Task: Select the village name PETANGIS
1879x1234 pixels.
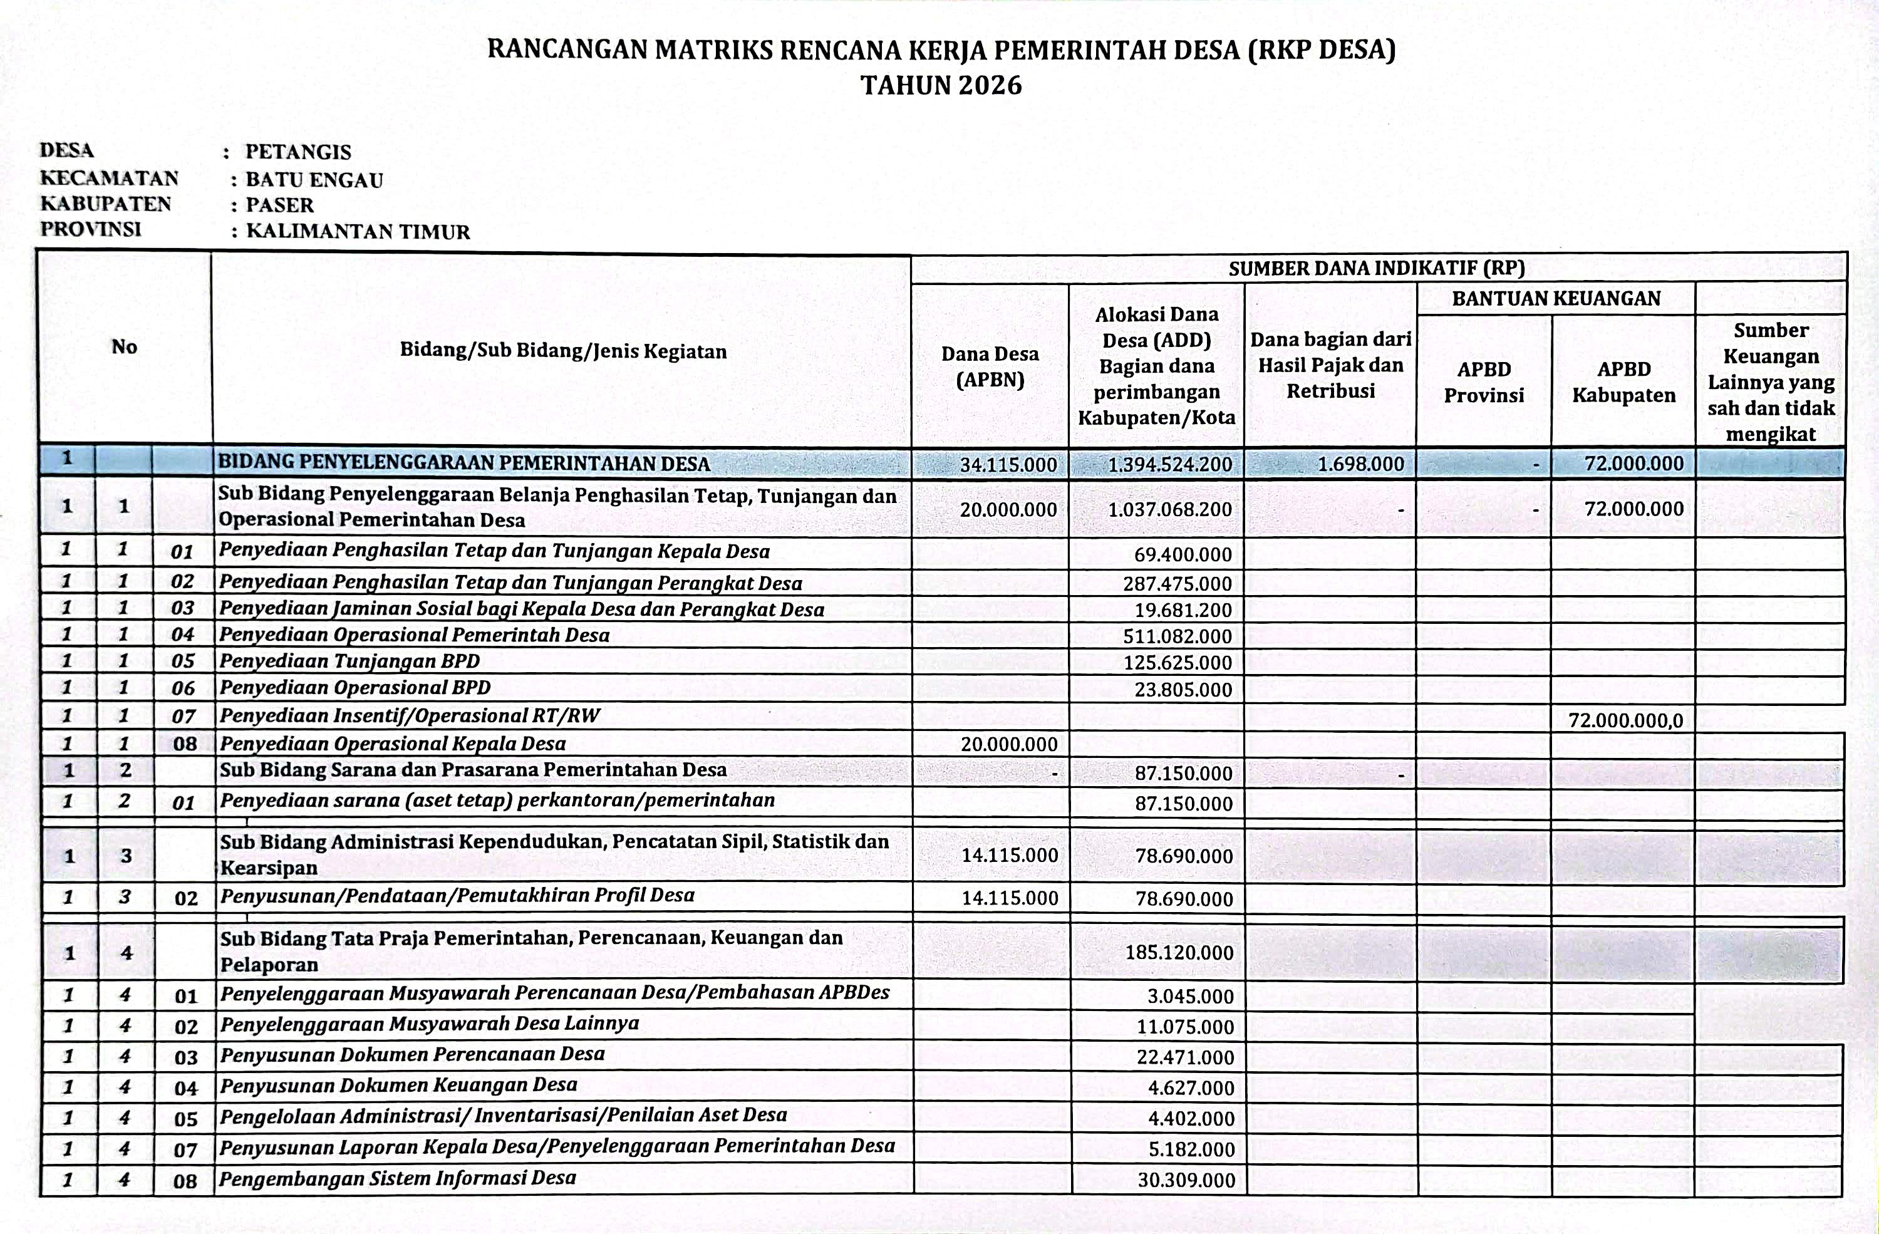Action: pos(298,152)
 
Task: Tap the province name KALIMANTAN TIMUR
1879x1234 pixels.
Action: pos(358,231)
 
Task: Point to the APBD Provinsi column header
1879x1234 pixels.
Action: pos(1483,382)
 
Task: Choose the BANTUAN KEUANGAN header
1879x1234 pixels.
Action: pos(1555,298)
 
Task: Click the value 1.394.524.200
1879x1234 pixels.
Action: pos(1169,464)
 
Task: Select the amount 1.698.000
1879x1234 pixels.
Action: pos(1360,464)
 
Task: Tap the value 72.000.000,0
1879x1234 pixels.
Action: pos(1625,720)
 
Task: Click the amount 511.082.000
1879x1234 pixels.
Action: pos(1177,636)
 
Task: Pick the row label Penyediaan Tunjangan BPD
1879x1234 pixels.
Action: pos(349,661)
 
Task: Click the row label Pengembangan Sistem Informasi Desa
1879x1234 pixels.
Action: pos(397,1178)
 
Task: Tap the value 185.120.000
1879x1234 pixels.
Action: pos(1179,953)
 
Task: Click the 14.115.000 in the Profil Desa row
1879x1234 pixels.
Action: pos(1010,898)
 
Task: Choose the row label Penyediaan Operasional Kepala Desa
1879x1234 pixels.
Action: pos(392,744)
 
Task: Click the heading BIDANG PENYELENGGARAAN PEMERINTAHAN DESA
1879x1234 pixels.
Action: pos(463,464)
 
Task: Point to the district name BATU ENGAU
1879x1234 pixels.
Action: pos(314,180)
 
